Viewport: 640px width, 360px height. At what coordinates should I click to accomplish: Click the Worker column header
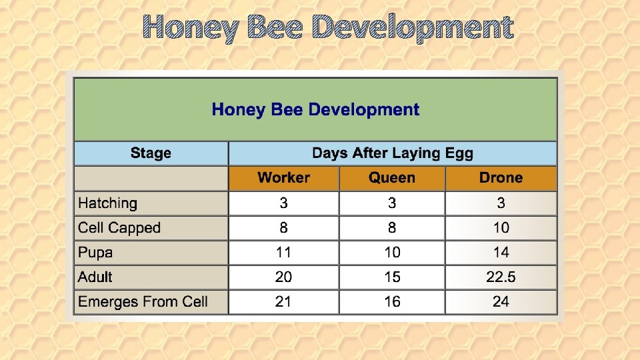(283, 178)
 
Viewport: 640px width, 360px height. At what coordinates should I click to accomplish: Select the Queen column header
(392, 178)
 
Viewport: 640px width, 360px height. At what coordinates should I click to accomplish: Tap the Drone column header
(501, 178)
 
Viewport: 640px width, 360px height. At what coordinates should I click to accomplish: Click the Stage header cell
(151, 153)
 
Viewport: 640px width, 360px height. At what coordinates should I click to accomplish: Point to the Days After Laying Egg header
(392, 153)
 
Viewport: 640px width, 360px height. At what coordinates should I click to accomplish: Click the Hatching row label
(107, 203)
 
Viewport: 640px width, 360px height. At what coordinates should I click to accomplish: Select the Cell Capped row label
(119, 228)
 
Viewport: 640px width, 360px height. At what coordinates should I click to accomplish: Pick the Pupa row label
(95, 253)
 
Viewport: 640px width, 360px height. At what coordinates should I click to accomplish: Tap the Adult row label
(95, 277)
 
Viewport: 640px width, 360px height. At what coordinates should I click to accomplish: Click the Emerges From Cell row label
(143, 302)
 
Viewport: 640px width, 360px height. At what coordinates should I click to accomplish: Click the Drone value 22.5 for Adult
(501, 277)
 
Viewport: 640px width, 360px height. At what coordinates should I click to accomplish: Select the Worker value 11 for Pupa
(283, 253)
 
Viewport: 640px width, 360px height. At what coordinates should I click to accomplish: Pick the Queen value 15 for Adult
(392, 277)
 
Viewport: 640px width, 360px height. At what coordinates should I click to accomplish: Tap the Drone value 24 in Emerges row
(501, 302)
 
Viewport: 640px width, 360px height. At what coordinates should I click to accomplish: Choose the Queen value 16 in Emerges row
(392, 302)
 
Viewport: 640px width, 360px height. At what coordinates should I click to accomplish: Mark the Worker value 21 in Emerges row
(283, 302)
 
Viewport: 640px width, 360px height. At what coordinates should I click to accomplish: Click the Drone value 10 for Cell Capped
(501, 228)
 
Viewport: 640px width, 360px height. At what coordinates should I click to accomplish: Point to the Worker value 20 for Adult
(283, 277)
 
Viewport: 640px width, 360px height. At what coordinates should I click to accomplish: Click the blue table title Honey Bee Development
(315, 110)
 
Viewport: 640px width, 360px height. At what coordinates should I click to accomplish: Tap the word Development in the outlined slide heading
(412, 28)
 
